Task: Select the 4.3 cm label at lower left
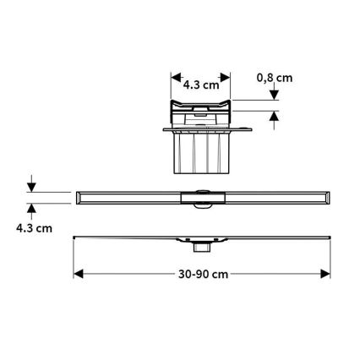(31, 228)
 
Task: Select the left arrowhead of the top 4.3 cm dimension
(175, 83)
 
